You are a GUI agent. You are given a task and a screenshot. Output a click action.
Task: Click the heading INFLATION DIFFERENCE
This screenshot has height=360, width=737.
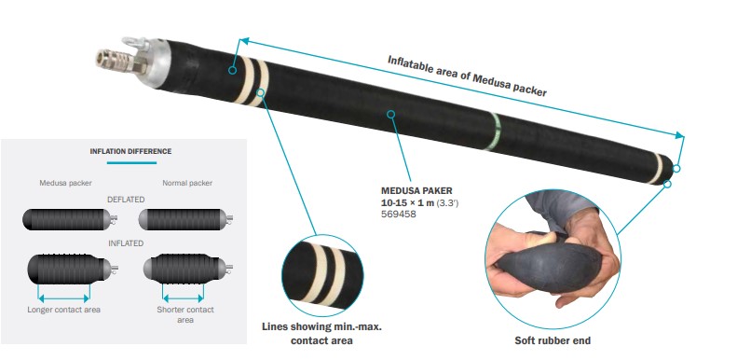pyautogui.click(x=130, y=151)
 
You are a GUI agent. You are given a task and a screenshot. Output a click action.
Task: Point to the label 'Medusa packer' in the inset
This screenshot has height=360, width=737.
pyautogui.click(x=66, y=183)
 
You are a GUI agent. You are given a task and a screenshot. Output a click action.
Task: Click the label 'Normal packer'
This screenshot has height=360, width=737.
pyautogui.click(x=187, y=183)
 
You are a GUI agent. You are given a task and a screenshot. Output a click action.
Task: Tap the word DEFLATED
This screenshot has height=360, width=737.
pyautogui.click(x=126, y=200)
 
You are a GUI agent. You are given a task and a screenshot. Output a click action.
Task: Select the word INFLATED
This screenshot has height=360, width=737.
pyautogui.click(x=126, y=243)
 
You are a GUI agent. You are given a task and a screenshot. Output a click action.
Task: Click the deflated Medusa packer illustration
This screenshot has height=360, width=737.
pyautogui.click(x=70, y=219)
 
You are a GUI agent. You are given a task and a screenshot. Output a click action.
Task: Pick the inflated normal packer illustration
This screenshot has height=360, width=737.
pyautogui.click(x=187, y=269)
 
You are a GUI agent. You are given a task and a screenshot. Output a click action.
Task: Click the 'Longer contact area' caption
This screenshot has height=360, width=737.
pyautogui.click(x=64, y=310)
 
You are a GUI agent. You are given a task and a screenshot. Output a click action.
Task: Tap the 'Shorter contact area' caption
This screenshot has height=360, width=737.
pyautogui.click(x=185, y=315)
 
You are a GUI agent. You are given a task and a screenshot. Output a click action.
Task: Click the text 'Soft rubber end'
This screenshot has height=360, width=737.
pyautogui.click(x=553, y=340)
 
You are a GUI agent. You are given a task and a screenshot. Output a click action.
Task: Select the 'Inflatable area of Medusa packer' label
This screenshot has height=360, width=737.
pyautogui.click(x=467, y=76)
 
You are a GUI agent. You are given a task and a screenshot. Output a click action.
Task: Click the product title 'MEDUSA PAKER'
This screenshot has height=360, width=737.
pyautogui.click(x=416, y=191)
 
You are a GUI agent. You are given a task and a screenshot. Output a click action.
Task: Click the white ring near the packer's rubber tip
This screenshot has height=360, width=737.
pyautogui.click(x=656, y=168)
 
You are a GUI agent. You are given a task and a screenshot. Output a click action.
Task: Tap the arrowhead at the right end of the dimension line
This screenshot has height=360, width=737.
pyautogui.click(x=679, y=135)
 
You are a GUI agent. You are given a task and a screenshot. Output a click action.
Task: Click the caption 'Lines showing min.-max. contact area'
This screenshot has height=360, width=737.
pyautogui.click(x=321, y=333)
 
